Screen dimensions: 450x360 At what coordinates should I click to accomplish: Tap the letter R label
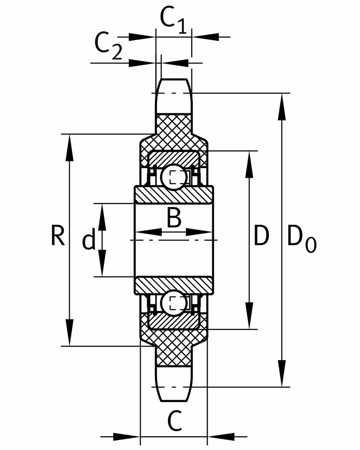pos(58,236)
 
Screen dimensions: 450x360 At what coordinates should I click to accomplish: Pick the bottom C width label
pos(175,422)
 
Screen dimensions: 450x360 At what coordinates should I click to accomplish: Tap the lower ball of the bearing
pos(173,303)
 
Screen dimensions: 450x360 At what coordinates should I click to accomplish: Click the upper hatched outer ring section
pos(173,157)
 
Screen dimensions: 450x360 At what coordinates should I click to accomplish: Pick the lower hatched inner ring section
pos(174,285)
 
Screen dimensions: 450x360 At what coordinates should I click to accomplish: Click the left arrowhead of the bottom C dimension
pos(126,436)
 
